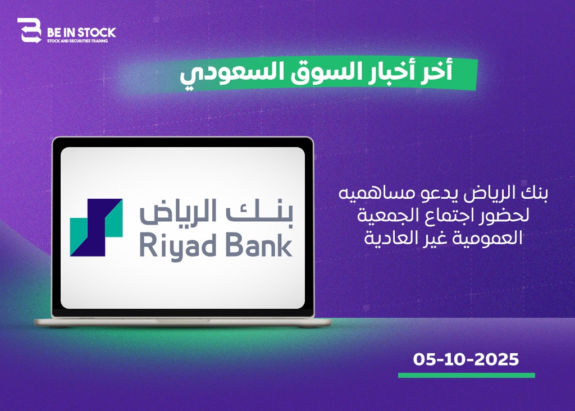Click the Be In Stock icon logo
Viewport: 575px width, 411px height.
click(29, 30)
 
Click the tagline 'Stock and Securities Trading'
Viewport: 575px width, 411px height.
click(77, 41)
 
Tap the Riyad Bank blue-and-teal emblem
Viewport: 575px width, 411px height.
click(96, 227)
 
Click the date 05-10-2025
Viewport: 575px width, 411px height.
click(466, 359)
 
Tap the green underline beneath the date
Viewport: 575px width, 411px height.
click(467, 376)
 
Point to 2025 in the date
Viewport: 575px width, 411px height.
click(498, 359)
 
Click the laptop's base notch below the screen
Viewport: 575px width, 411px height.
click(183, 321)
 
